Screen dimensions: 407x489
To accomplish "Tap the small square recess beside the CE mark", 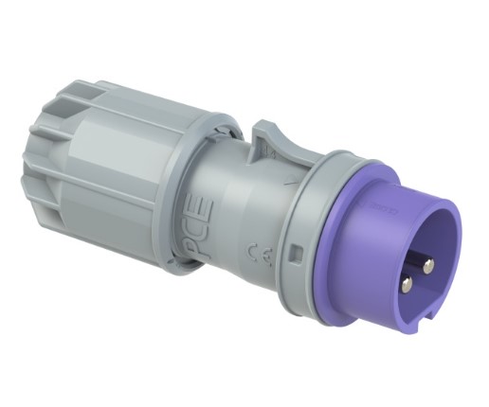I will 296,254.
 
